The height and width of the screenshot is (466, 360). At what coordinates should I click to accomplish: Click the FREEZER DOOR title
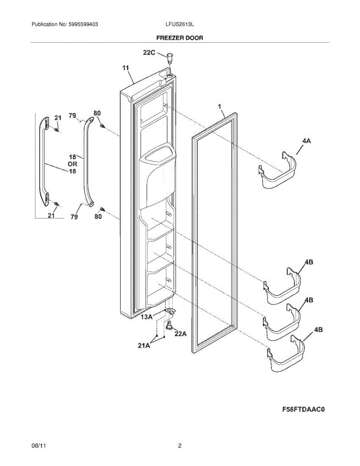pos(179,38)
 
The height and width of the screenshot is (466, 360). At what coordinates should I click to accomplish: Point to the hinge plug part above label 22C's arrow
pos(169,57)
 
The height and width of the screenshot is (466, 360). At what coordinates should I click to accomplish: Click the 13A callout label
pos(146,316)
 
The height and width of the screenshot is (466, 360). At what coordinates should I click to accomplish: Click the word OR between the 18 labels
pos(72,164)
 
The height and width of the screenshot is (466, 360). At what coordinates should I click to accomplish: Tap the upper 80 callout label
pos(97,113)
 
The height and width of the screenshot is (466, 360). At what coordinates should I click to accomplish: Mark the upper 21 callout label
pos(57,118)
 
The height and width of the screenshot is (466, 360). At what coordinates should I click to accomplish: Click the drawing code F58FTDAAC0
pos(303,409)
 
